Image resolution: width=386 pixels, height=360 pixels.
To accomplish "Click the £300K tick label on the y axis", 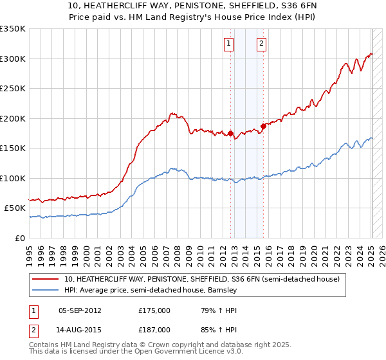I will [13, 59].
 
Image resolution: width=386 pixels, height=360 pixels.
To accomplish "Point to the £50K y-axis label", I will [15, 208].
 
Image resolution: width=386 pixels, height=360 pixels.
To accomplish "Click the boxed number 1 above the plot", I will [228, 44].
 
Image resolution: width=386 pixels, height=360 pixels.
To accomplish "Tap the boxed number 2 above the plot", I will [262, 44].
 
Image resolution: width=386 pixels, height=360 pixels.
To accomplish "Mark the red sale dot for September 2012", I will [230, 134].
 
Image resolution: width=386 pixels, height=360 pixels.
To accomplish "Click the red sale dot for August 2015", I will [263, 126].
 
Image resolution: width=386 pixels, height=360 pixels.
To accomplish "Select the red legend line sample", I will [46, 279].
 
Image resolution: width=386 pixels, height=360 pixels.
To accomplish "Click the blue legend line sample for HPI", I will [46, 290].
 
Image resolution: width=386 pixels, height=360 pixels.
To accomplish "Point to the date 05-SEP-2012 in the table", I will [80, 310].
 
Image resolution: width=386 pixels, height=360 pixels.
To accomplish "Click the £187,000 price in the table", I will [154, 330].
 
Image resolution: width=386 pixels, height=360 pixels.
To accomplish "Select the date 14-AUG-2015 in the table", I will [80, 330].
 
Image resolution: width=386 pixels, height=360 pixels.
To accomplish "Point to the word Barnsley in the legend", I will [222, 290].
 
